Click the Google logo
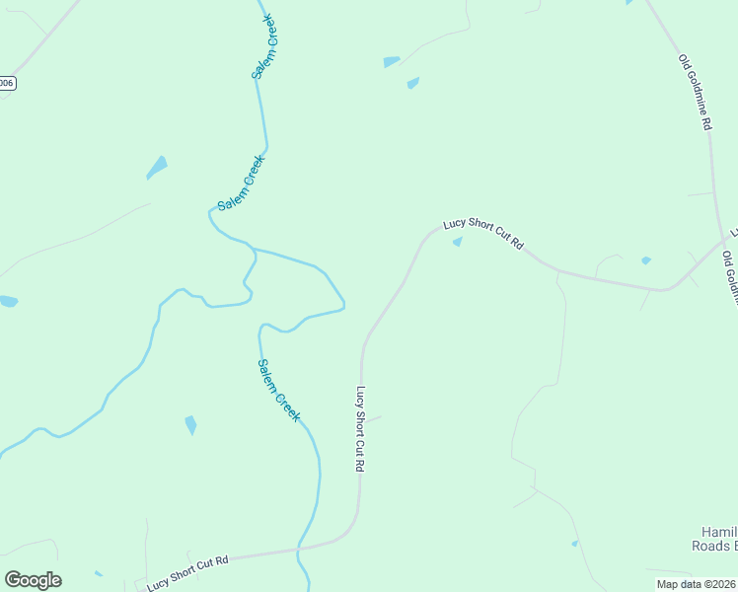[x=33, y=580]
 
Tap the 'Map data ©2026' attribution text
[x=697, y=584]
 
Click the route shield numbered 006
[x=7, y=83]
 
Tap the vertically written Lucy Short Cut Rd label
[x=361, y=429]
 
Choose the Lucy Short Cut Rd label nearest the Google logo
[x=187, y=572]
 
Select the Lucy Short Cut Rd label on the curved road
[x=482, y=233]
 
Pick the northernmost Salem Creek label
[x=265, y=46]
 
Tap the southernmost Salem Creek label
[x=278, y=391]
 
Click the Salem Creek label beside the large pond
[x=242, y=183]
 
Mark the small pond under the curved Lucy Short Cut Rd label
[x=457, y=243]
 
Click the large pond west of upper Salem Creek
[x=157, y=167]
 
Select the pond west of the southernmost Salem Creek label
[x=190, y=425]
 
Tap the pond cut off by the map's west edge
[x=7, y=301]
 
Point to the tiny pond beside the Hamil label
[x=574, y=543]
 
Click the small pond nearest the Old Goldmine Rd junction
[x=646, y=260]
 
